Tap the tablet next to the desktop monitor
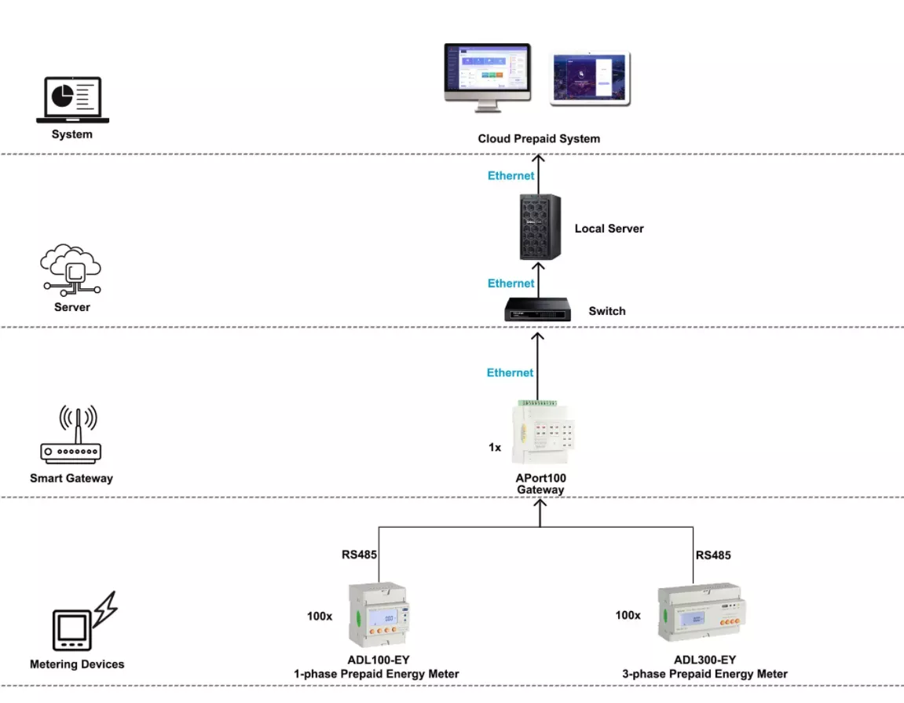tap(590, 78)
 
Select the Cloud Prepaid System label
tap(539, 139)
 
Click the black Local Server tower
tap(539, 227)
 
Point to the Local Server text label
tap(609, 229)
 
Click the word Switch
tap(607, 311)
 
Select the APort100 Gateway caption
tap(540, 484)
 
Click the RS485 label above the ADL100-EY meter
tap(359, 555)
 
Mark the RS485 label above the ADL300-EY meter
tap(713, 555)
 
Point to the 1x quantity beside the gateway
tap(495, 447)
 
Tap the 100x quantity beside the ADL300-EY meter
tap(628, 615)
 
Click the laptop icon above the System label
tap(72, 100)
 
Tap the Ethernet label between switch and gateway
tap(510, 373)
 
